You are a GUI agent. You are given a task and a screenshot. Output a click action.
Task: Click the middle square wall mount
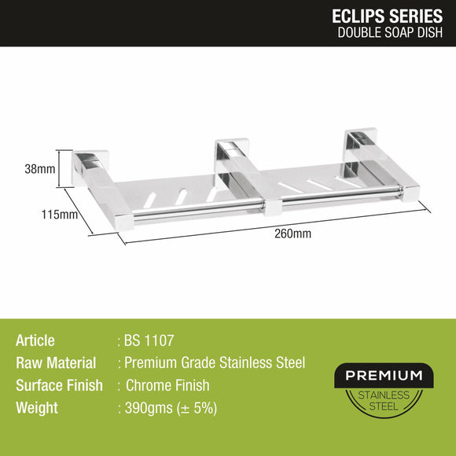[231, 153]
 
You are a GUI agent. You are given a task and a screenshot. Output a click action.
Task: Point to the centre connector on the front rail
[272, 205]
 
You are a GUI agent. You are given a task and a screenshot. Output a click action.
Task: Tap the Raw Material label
[56, 363]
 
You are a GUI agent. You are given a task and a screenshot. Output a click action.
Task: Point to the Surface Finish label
[59, 386]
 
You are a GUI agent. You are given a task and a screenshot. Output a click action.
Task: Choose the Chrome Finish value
[167, 386]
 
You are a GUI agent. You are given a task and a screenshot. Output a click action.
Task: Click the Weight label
[36, 408]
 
